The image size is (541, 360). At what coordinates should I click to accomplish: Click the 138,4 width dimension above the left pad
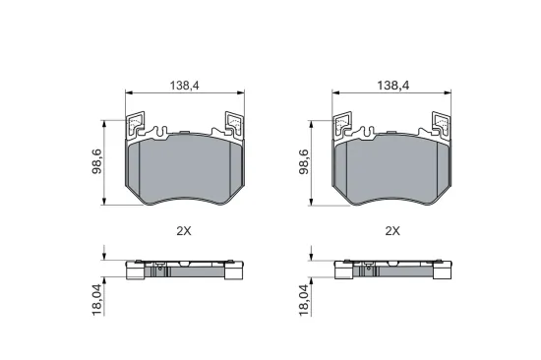184,87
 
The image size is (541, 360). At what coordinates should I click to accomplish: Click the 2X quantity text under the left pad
184,231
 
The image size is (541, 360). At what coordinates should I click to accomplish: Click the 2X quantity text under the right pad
392,231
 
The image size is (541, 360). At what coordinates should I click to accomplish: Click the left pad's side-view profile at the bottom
184,269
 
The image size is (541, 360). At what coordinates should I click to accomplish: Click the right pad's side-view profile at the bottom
392,269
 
